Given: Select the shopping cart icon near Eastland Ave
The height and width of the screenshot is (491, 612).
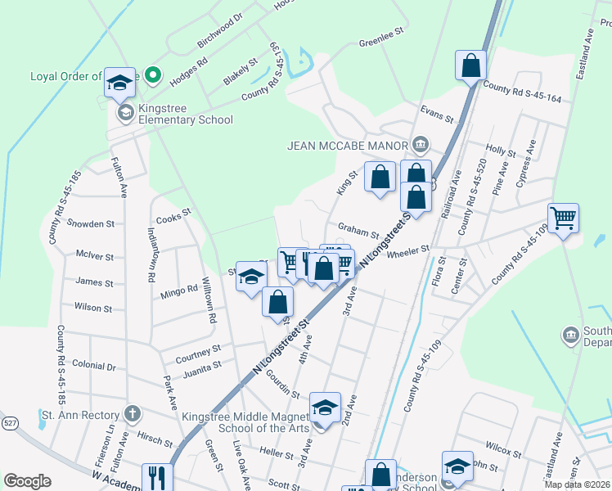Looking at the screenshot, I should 563,218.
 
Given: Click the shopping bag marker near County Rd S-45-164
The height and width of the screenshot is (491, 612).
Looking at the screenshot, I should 470,65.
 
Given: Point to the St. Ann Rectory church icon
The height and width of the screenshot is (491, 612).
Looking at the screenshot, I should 133,414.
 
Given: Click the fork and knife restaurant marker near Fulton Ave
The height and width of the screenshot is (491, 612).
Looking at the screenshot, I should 157,478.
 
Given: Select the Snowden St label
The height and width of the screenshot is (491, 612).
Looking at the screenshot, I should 91,223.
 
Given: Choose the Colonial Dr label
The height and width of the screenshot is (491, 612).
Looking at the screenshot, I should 94,367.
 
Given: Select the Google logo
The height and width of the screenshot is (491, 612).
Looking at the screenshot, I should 27,480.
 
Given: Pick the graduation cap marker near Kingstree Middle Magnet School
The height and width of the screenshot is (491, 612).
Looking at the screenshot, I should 324,408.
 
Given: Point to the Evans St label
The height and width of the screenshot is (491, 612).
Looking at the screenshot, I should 436,113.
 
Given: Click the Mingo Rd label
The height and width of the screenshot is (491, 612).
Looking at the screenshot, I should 179,290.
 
